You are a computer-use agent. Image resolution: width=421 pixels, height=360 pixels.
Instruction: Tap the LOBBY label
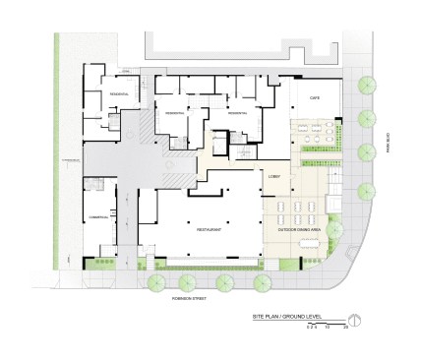click(274, 177)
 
